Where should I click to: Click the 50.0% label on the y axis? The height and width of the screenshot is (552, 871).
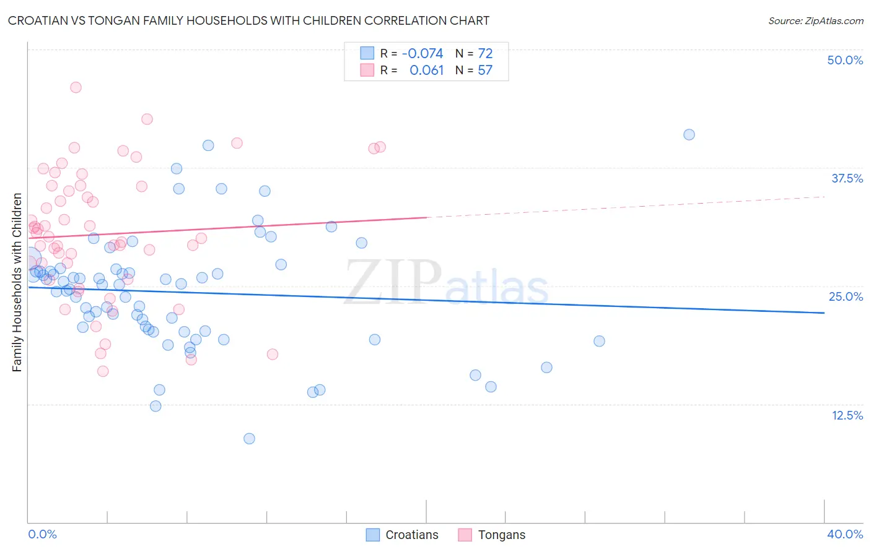point(845,60)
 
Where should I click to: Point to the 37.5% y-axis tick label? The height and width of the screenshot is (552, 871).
point(847,178)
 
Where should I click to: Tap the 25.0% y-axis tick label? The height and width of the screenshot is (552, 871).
point(846,296)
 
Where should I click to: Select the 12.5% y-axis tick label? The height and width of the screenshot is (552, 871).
point(847,415)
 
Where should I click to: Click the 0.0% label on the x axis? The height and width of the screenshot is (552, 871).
point(42,534)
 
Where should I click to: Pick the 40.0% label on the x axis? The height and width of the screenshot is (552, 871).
point(845,534)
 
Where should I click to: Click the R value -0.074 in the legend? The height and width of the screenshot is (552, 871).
point(422,54)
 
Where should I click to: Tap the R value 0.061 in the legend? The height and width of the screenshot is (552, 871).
point(426,71)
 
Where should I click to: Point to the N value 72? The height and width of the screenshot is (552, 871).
point(485,54)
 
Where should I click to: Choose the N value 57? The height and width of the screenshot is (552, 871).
point(485,71)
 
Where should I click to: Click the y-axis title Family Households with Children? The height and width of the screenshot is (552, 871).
point(17,282)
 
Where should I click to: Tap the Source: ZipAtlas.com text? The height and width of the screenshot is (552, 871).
point(815,21)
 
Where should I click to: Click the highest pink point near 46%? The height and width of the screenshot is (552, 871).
point(76,87)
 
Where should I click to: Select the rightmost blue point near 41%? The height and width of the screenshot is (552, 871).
point(689,135)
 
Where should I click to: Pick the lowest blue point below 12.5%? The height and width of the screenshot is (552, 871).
point(249,439)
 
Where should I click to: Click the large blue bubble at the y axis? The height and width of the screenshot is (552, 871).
point(29,259)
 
